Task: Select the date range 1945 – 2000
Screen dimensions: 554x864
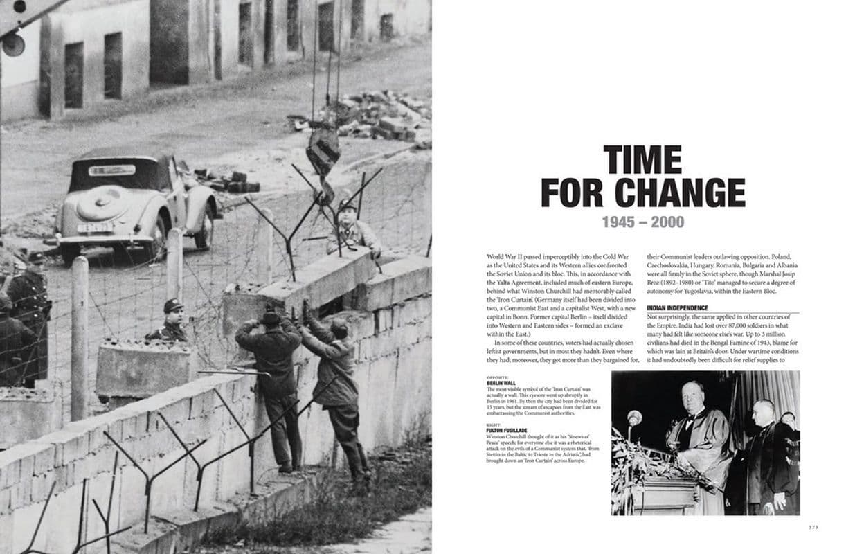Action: coord(642,222)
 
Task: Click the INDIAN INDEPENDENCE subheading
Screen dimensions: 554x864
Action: coord(677,307)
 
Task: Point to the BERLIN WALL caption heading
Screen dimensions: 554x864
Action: coord(502,382)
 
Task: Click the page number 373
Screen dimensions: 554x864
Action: coord(813,527)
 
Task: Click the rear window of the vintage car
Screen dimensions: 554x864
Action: coord(111,170)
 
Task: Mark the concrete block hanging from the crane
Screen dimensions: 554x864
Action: coord(323,150)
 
